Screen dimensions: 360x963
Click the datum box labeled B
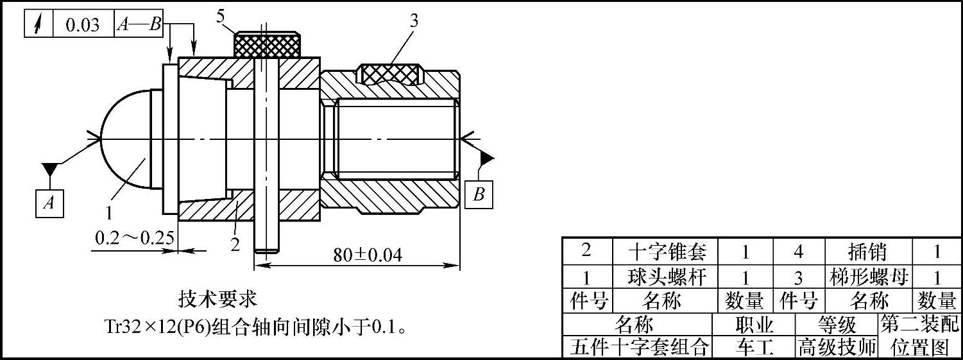point(479,194)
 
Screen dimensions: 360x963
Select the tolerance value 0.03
point(83,25)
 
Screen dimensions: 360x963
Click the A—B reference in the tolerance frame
point(139,25)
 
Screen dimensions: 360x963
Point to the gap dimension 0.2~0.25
point(134,238)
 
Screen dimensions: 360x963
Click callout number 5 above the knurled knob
point(221,17)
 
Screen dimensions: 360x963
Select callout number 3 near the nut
point(414,21)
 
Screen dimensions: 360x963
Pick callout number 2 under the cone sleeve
point(235,244)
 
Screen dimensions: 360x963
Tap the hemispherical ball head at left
point(126,139)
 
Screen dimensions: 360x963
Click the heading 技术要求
point(217,299)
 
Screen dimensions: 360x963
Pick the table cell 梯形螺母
point(869,277)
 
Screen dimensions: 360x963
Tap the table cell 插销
point(869,251)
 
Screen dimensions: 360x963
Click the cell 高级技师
point(836,347)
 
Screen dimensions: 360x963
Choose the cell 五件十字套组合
point(639,347)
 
